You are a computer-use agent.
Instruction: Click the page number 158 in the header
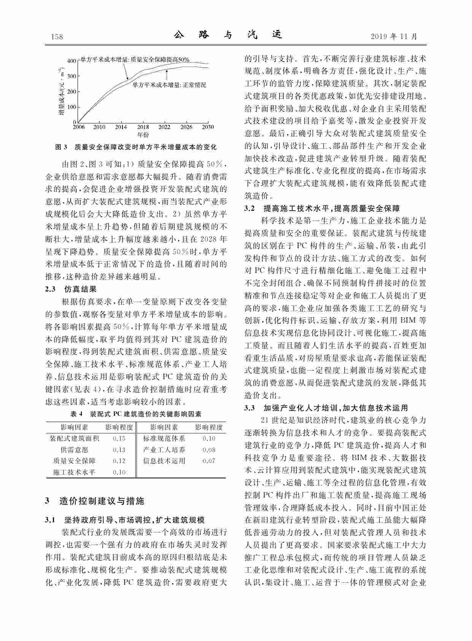pyautogui.click(x=57, y=37)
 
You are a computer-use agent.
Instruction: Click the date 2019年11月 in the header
pyautogui.click(x=394, y=37)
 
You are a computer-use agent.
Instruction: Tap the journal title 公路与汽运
pyautogui.click(x=228, y=35)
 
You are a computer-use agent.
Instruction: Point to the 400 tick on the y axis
pyautogui.click(x=72, y=61)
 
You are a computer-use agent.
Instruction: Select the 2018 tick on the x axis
pyautogui.click(x=143, y=127)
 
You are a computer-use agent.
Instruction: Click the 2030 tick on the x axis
pyautogui.click(x=208, y=127)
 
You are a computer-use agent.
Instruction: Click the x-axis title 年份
pyautogui.click(x=143, y=134)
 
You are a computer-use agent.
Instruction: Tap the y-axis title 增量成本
pyautogui.click(x=61, y=91)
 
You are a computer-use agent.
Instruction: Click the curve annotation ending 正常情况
pyautogui.click(x=169, y=85)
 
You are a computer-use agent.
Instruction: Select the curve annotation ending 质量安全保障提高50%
pyautogui.click(x=135, y=60)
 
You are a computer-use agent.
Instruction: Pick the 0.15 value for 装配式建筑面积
pyautogui.click(x=119, y=438)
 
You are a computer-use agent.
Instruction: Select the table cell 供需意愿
pyautogui.click(x=74, y=450)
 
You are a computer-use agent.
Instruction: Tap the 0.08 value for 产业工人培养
pyautogui.click(x=209, y=450)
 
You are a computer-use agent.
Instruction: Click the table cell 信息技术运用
pyautogui.click(x=164, y=461)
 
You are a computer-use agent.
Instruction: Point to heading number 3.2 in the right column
pyautogui.click(x=249, y=208)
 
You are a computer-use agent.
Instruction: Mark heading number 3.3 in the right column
pyautogui.click(x=249, y=408)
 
